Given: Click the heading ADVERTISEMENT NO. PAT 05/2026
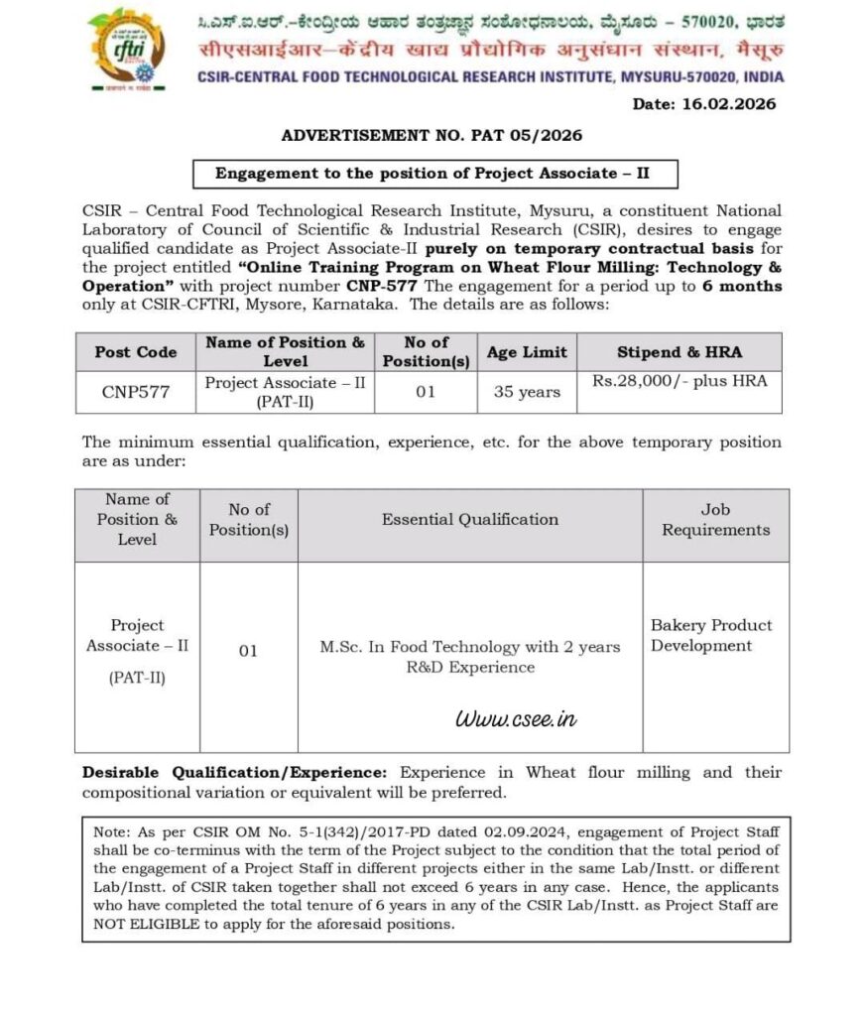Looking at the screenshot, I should click(x=432, y=135).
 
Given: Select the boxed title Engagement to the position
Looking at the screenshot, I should click(x=432, y=173).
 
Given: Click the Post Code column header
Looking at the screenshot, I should click(x=136, y=352).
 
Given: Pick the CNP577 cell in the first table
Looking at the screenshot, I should click(x=136, y=392).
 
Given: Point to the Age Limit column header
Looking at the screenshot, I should click(x=527, y=352).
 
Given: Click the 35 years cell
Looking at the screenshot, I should click(x=527, y=392).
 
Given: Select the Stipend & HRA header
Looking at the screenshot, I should click(x=679, y=352).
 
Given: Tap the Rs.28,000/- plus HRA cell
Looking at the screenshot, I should click(x=679, y=380).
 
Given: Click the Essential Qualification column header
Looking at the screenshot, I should click(x=469, y=519).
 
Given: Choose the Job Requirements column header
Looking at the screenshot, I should click(x=715, y=519).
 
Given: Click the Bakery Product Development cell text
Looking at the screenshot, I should click(x=710, y=635).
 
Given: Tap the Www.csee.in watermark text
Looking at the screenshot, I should click(x=515, y=718).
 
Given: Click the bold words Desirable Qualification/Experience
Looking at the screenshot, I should click(x=237, y=772).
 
